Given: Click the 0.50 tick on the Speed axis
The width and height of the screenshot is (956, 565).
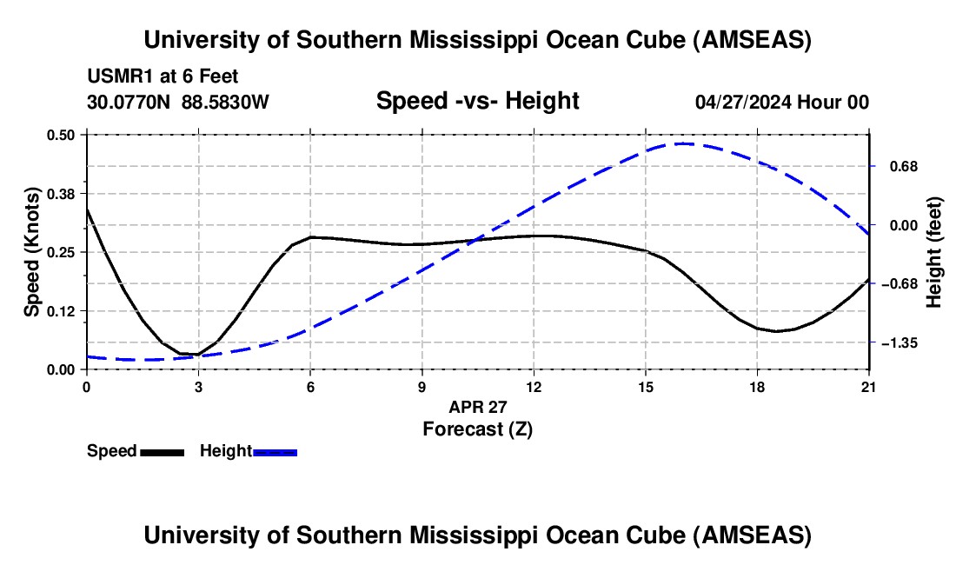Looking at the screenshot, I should tap(65, 135).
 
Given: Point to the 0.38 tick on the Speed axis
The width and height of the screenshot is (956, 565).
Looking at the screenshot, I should tap(65, 193).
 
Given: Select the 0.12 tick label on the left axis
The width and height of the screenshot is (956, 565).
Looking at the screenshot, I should tap(65, 310).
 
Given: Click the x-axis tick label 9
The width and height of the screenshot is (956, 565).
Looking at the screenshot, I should tap(422, 385).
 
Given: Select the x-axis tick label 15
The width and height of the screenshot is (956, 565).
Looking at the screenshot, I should tap(646, 385).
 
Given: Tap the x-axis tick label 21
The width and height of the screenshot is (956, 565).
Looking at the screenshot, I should tap(869, 385).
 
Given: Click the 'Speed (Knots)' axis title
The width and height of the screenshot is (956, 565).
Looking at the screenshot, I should tap(32, 252).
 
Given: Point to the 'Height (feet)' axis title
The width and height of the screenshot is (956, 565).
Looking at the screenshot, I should tap(934, 252).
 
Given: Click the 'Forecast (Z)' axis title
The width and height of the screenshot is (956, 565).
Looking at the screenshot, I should tap(477, 429).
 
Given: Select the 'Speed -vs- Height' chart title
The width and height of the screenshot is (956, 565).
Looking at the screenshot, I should tap(477, 102).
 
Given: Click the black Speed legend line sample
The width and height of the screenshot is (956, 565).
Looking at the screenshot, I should tap(162, 452).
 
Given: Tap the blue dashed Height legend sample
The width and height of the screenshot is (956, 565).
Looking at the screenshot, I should tap(275, 452).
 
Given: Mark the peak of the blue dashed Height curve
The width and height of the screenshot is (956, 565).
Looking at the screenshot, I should tap(684, 143).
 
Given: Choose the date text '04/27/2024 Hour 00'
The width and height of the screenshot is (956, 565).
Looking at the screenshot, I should tap(781, 103).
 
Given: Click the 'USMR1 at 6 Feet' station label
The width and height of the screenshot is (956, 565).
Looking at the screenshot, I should tap(163, 77).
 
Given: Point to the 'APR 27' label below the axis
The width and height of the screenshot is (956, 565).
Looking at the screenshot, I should tap(477, 406).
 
